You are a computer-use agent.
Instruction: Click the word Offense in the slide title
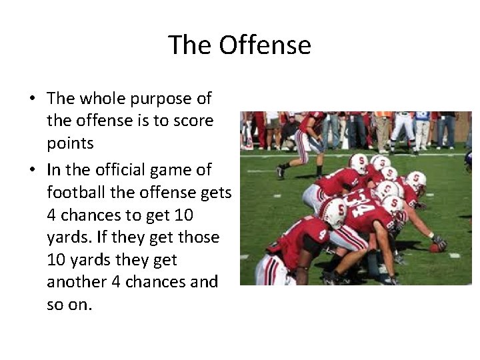coord(265,45)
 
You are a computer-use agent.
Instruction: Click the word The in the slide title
coord(190,45)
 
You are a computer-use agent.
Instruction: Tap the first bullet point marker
coord(32,99)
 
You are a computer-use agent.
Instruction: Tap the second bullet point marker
coord(32,171)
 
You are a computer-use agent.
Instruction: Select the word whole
coord(101,99)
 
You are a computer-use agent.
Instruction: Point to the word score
coord(194,121)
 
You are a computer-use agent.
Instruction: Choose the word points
coord(70,143)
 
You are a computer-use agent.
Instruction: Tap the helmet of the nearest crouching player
coord(333,212)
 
